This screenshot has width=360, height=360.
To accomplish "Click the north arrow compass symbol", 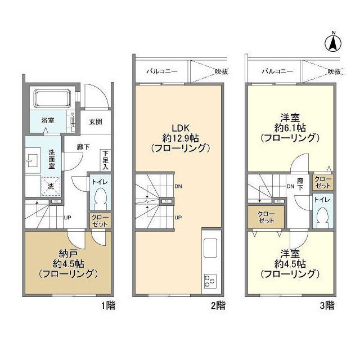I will (x=333, y=42).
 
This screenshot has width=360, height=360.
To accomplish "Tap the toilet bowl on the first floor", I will (x=100, y=197).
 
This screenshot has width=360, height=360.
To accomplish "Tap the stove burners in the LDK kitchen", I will (x=210, y=280).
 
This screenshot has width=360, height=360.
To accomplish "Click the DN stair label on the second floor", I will (x=178, y=186).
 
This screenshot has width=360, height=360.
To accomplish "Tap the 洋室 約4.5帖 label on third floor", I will (x=290, y=264).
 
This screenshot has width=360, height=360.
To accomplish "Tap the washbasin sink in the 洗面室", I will (x=31, y=160).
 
